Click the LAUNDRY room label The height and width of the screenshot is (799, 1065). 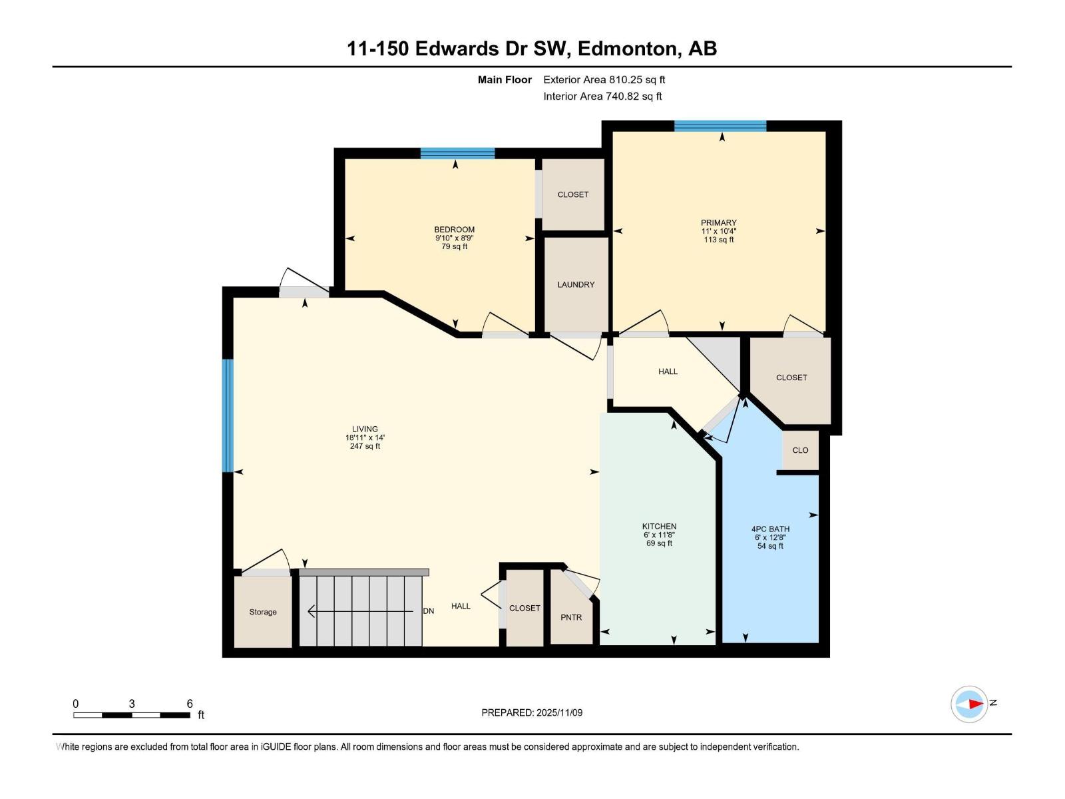[576, 284]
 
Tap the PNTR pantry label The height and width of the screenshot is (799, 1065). [571, 617]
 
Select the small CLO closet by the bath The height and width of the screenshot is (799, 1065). [800, 450]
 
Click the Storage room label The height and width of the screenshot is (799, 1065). [263, 612]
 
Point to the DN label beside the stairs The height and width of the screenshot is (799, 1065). [429, 611]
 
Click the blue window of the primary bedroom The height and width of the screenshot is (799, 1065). [720, 126]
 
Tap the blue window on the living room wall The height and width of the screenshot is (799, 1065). [228, 415]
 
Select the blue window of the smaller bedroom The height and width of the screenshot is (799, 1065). [457, 153]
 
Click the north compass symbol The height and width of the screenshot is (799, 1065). [969, 704]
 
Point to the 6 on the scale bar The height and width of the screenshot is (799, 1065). [190, 704]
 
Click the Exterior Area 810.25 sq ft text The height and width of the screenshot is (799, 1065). [604, 80]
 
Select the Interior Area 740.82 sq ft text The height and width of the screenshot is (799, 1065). [602, 96]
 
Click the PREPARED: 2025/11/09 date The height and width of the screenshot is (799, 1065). [532, 712]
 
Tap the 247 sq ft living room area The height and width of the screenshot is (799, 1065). [365, 446]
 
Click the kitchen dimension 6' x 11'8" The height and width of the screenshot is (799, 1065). [659, 535]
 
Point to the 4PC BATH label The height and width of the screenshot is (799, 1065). [770, 529]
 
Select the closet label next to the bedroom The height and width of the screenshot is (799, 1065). [573, 194]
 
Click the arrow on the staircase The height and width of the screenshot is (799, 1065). [359, 611]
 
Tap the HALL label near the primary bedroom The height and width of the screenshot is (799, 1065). [668, 372]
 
